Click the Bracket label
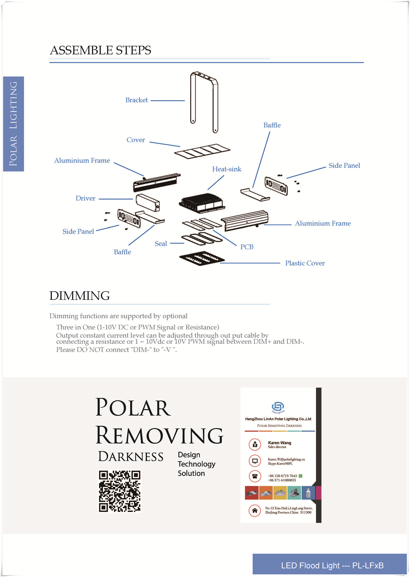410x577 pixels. point(136,100)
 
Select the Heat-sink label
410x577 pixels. point(227,169)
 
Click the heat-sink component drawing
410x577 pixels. point(202,203)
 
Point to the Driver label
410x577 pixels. point(85,198)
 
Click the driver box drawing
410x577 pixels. point(148,203)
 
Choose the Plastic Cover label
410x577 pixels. point(305,263)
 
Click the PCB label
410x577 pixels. point(247,247)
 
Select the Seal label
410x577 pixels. point(161,244)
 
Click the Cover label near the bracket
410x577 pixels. point(135,140)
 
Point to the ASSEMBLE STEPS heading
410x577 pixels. point(100,50)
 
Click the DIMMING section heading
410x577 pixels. point(79,296)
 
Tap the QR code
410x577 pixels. point(120,492)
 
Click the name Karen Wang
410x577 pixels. point(279,443)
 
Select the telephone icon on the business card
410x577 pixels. point(255,476)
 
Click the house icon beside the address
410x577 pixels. point(255,510)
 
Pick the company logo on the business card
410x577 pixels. point(278,407)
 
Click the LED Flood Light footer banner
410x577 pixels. point(330,565)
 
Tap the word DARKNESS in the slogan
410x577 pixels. point(131,457)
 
